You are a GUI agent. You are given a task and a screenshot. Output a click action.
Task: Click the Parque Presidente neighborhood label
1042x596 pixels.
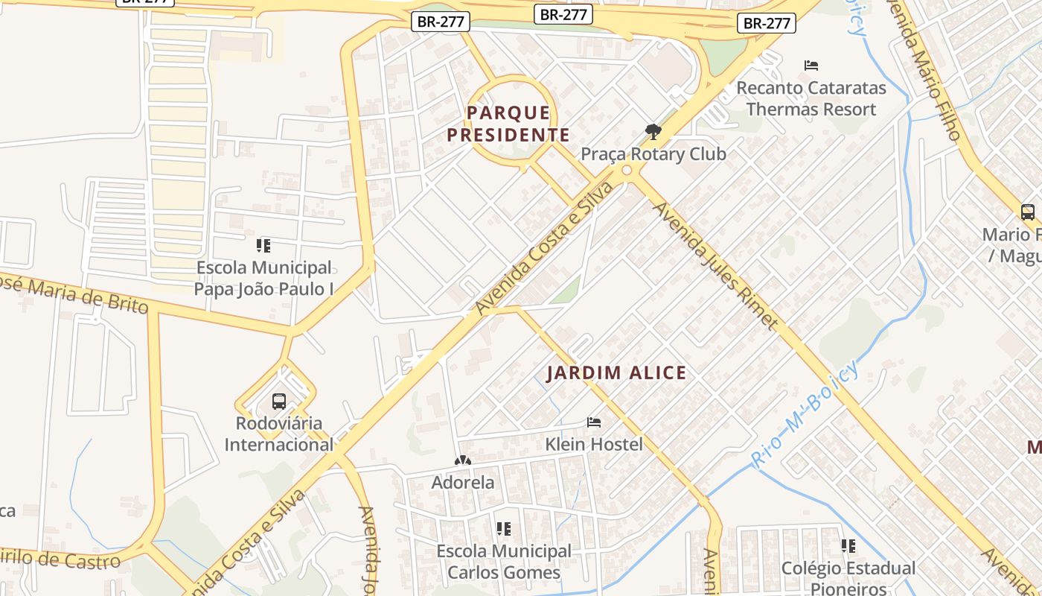tap(518, 124)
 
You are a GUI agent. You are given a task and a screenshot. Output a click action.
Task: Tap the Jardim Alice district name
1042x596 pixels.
tap(616, 373)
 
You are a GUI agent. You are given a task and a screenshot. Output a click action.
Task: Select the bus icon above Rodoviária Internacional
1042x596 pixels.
tap(279, 402)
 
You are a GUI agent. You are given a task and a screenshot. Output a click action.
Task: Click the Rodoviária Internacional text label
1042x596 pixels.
tap(279, 434)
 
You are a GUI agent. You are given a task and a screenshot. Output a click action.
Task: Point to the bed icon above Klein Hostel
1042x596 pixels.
tap(594, 422)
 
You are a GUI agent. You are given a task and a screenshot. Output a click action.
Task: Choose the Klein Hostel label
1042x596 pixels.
tap(594, 445)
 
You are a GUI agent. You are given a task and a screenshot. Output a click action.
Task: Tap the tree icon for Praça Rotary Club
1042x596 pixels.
tap(653, 132)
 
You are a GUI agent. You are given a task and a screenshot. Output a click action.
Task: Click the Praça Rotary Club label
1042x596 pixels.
tap(653, 154)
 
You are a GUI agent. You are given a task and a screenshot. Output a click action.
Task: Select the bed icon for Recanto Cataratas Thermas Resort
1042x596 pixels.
tap(811, 66)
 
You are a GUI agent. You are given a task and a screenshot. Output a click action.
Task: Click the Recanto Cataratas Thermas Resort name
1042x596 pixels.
tap(811, 98)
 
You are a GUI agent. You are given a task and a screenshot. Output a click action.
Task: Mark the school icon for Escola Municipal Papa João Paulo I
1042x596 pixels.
tap(263, 245)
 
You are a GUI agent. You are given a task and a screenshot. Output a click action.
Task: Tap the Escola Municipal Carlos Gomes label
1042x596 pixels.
tap(504, 562)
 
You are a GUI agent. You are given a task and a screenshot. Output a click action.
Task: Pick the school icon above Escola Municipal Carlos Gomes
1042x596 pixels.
tap(504, 529)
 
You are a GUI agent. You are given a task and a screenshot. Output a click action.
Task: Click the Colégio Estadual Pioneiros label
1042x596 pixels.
tap(848, 578)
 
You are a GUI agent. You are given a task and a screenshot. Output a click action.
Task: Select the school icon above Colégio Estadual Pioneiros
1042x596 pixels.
tap(848, 546)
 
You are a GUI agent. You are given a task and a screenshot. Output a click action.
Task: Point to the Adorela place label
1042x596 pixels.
tap(463, 483)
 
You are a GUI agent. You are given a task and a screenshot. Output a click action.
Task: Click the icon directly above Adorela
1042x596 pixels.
tap(463, 461)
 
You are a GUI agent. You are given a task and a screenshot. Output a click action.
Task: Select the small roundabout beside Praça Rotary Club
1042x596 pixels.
tap(627, 171)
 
